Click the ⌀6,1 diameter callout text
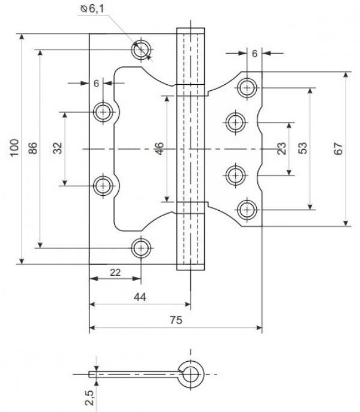tap(92, 8)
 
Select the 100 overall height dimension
tap(14, 147)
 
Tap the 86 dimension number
tap(33, 148)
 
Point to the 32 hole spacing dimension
tap(57, 148)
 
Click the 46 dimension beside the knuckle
tap(159, 149)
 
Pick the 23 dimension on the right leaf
tap(281, 149)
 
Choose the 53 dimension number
tap(303, 148)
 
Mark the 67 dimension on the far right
tap(338, 149)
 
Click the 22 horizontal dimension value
tap(115, 272)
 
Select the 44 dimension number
tap(140, 297)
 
